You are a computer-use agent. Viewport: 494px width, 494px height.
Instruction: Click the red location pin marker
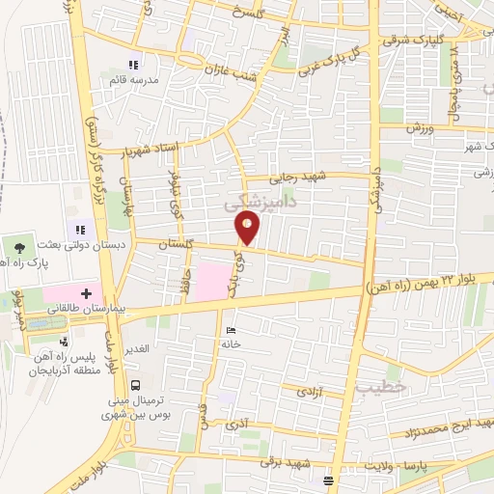coord(248,229)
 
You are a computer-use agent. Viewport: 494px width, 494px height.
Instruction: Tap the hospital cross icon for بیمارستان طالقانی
coord(86,292)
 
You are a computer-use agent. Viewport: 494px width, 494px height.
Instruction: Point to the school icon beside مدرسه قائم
coord(145,65)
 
